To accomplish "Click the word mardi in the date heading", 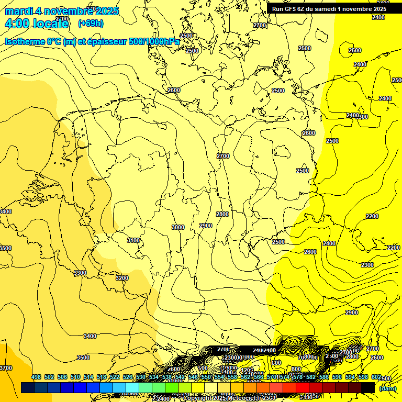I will tap(19, 11).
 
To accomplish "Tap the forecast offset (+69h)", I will tap(90, 24).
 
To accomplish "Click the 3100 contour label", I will tap(133, 240).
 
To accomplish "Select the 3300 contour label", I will tap(80, 273).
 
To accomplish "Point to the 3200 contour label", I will tap(121, 278).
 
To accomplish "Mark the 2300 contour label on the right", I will tap(367, 265).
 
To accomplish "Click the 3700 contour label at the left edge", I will tap(5, 368).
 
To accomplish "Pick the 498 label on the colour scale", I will tap(36, 377).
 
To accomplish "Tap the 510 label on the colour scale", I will tap(75, 377).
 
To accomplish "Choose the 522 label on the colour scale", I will tap(115, 377).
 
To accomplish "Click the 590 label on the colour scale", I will tap(337, 377).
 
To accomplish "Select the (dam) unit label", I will tap(387, 388).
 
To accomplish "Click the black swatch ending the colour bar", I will tap(367, 387).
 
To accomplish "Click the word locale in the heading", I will tap(51, 24).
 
